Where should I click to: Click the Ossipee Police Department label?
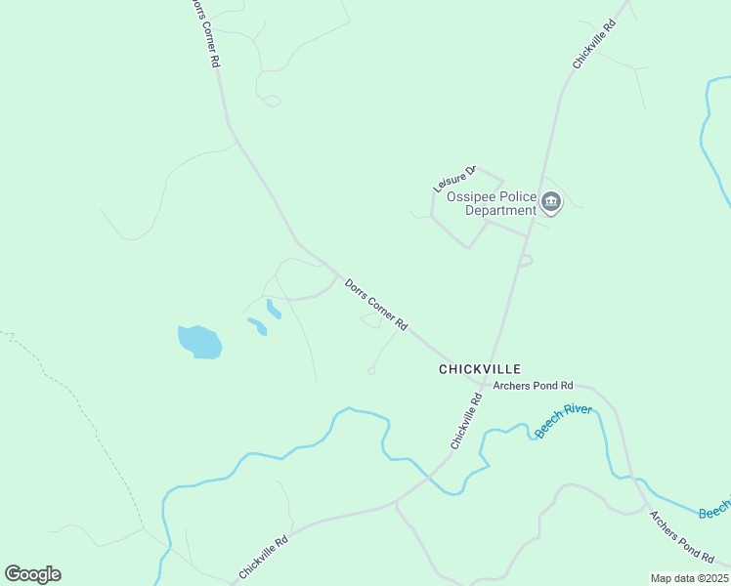point(493,203)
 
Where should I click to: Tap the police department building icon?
point(551,203)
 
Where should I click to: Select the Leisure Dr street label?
point(454,179)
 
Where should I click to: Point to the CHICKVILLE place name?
point(480,369)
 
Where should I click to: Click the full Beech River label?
point(563,422)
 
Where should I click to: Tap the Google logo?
point(32,574)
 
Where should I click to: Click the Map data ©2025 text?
point(690,578)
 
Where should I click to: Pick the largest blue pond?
point(199,342)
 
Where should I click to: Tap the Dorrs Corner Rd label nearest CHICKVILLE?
point(376,304)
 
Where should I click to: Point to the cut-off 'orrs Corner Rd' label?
point(202,32)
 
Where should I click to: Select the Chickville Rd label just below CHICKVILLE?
point(467,421)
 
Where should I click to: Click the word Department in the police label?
point(500,210)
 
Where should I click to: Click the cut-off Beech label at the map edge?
point(715,512)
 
